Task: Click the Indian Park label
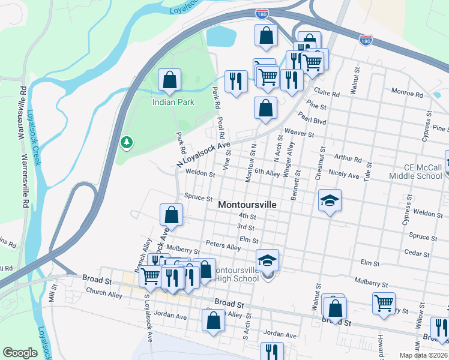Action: (173, 103)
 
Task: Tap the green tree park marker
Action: (126, 142)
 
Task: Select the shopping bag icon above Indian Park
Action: (170, 80)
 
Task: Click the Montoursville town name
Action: (247, 205)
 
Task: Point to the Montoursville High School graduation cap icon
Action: (267, 260)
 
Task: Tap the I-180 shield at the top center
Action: (262, 13)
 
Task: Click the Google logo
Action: (20, 353)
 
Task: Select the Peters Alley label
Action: (223, 245)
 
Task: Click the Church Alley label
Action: (104, 293)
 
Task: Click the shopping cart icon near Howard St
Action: (384, 302)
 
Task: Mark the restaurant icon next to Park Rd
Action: (236, 81)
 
